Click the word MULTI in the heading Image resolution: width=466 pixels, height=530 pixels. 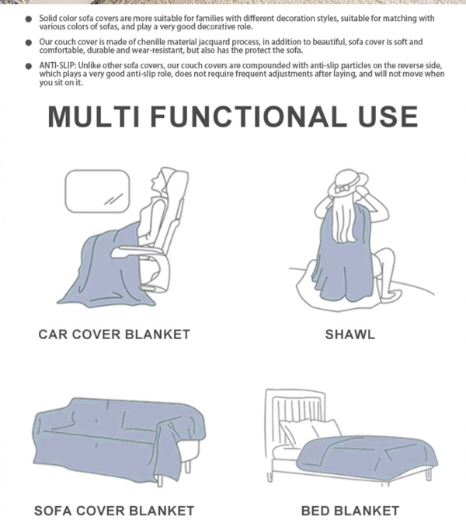pyautogui.click(x=94, y=116)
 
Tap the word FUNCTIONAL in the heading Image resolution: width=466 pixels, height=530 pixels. pyautogui.click(x=249, y=116)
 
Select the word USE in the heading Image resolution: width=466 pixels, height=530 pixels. pyautogui.click(x=388, y=116)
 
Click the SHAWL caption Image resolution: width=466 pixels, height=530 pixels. pyautogui.click(x=350, y=334)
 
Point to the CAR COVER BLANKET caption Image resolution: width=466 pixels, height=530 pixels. pyautogui.click(x=114, y=334)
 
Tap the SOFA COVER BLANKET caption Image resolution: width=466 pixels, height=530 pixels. pyautogui.click(x=114, y=511)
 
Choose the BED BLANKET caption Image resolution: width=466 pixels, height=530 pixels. pyautogui.click(x=350, y=511)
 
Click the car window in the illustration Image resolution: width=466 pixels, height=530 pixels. pyautogui.click(x=97, y=192)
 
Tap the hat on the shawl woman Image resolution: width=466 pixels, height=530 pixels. pyautogui.click(x=348, y=183)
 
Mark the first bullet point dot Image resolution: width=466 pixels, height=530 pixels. pyautogui.click(x=29, y=19)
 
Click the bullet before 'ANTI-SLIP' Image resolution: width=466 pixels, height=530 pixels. pyautogui.click(x=29, y=66)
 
